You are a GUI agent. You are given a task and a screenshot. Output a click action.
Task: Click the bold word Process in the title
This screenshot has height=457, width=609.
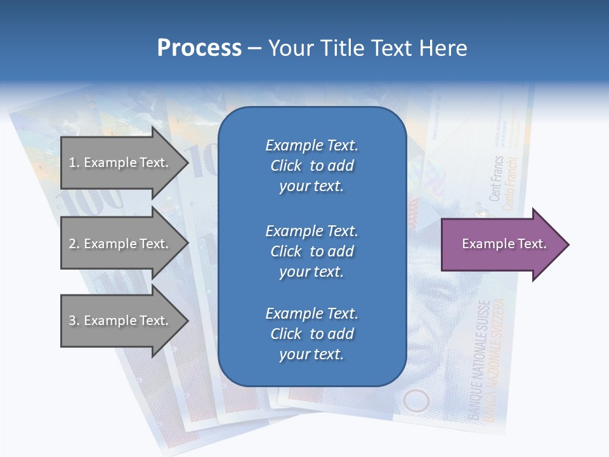tap(199, 48)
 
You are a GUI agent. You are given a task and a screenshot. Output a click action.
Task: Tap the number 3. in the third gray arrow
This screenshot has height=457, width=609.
tap(74, 321)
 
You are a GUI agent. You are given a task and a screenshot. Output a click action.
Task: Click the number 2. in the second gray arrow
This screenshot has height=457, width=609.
tap(74, 244)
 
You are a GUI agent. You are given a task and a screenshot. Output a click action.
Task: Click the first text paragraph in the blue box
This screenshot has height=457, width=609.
tap(311, 166)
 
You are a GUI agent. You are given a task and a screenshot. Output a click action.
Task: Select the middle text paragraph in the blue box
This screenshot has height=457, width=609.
tap(311, 251)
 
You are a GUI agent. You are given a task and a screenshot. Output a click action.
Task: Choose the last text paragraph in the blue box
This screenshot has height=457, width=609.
tap(311, 334)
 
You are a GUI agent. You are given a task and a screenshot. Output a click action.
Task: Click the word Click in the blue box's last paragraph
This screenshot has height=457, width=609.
tap(285, 334)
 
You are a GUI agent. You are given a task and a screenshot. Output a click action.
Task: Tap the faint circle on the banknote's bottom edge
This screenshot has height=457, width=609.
tap(416, 401)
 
